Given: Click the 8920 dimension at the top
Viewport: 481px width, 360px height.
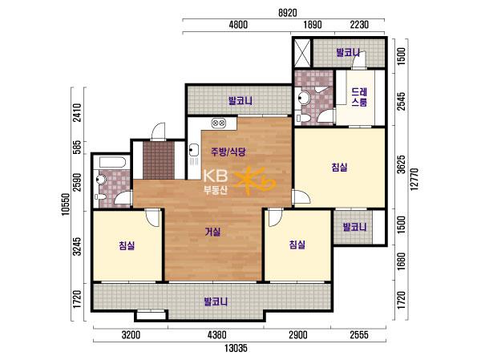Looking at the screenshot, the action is point(288,13).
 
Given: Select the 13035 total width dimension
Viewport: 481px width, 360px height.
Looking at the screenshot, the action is point(236,349).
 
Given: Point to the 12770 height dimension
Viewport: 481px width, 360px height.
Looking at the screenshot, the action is point(414,180).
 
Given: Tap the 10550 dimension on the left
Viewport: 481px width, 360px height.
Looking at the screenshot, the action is point(66,204).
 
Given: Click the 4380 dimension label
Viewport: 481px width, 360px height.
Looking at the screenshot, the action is point(217,335).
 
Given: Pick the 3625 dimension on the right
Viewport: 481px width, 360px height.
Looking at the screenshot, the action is point(402,164).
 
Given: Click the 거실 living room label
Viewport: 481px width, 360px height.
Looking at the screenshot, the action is point(212,232).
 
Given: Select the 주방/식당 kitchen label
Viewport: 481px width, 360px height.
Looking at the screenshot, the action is point(228,152).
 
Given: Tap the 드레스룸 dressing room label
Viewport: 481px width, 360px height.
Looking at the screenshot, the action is point(359,97).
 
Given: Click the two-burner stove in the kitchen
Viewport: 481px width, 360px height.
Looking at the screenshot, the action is point(219,123).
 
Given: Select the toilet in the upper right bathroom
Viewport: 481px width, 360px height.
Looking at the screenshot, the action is point(299,118).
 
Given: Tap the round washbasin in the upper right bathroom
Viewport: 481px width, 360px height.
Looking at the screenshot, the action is point(303,98).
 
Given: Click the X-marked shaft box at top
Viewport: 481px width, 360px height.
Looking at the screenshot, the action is point(302,52).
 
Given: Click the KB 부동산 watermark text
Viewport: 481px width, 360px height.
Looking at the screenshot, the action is point(216,182).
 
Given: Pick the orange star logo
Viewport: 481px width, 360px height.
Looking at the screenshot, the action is point(254,181).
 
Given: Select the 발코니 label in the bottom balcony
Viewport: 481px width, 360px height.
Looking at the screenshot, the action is point(216,301).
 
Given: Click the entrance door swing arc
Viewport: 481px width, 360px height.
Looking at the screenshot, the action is point(159,131).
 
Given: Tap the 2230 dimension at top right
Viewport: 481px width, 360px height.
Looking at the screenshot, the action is point(359,24).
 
